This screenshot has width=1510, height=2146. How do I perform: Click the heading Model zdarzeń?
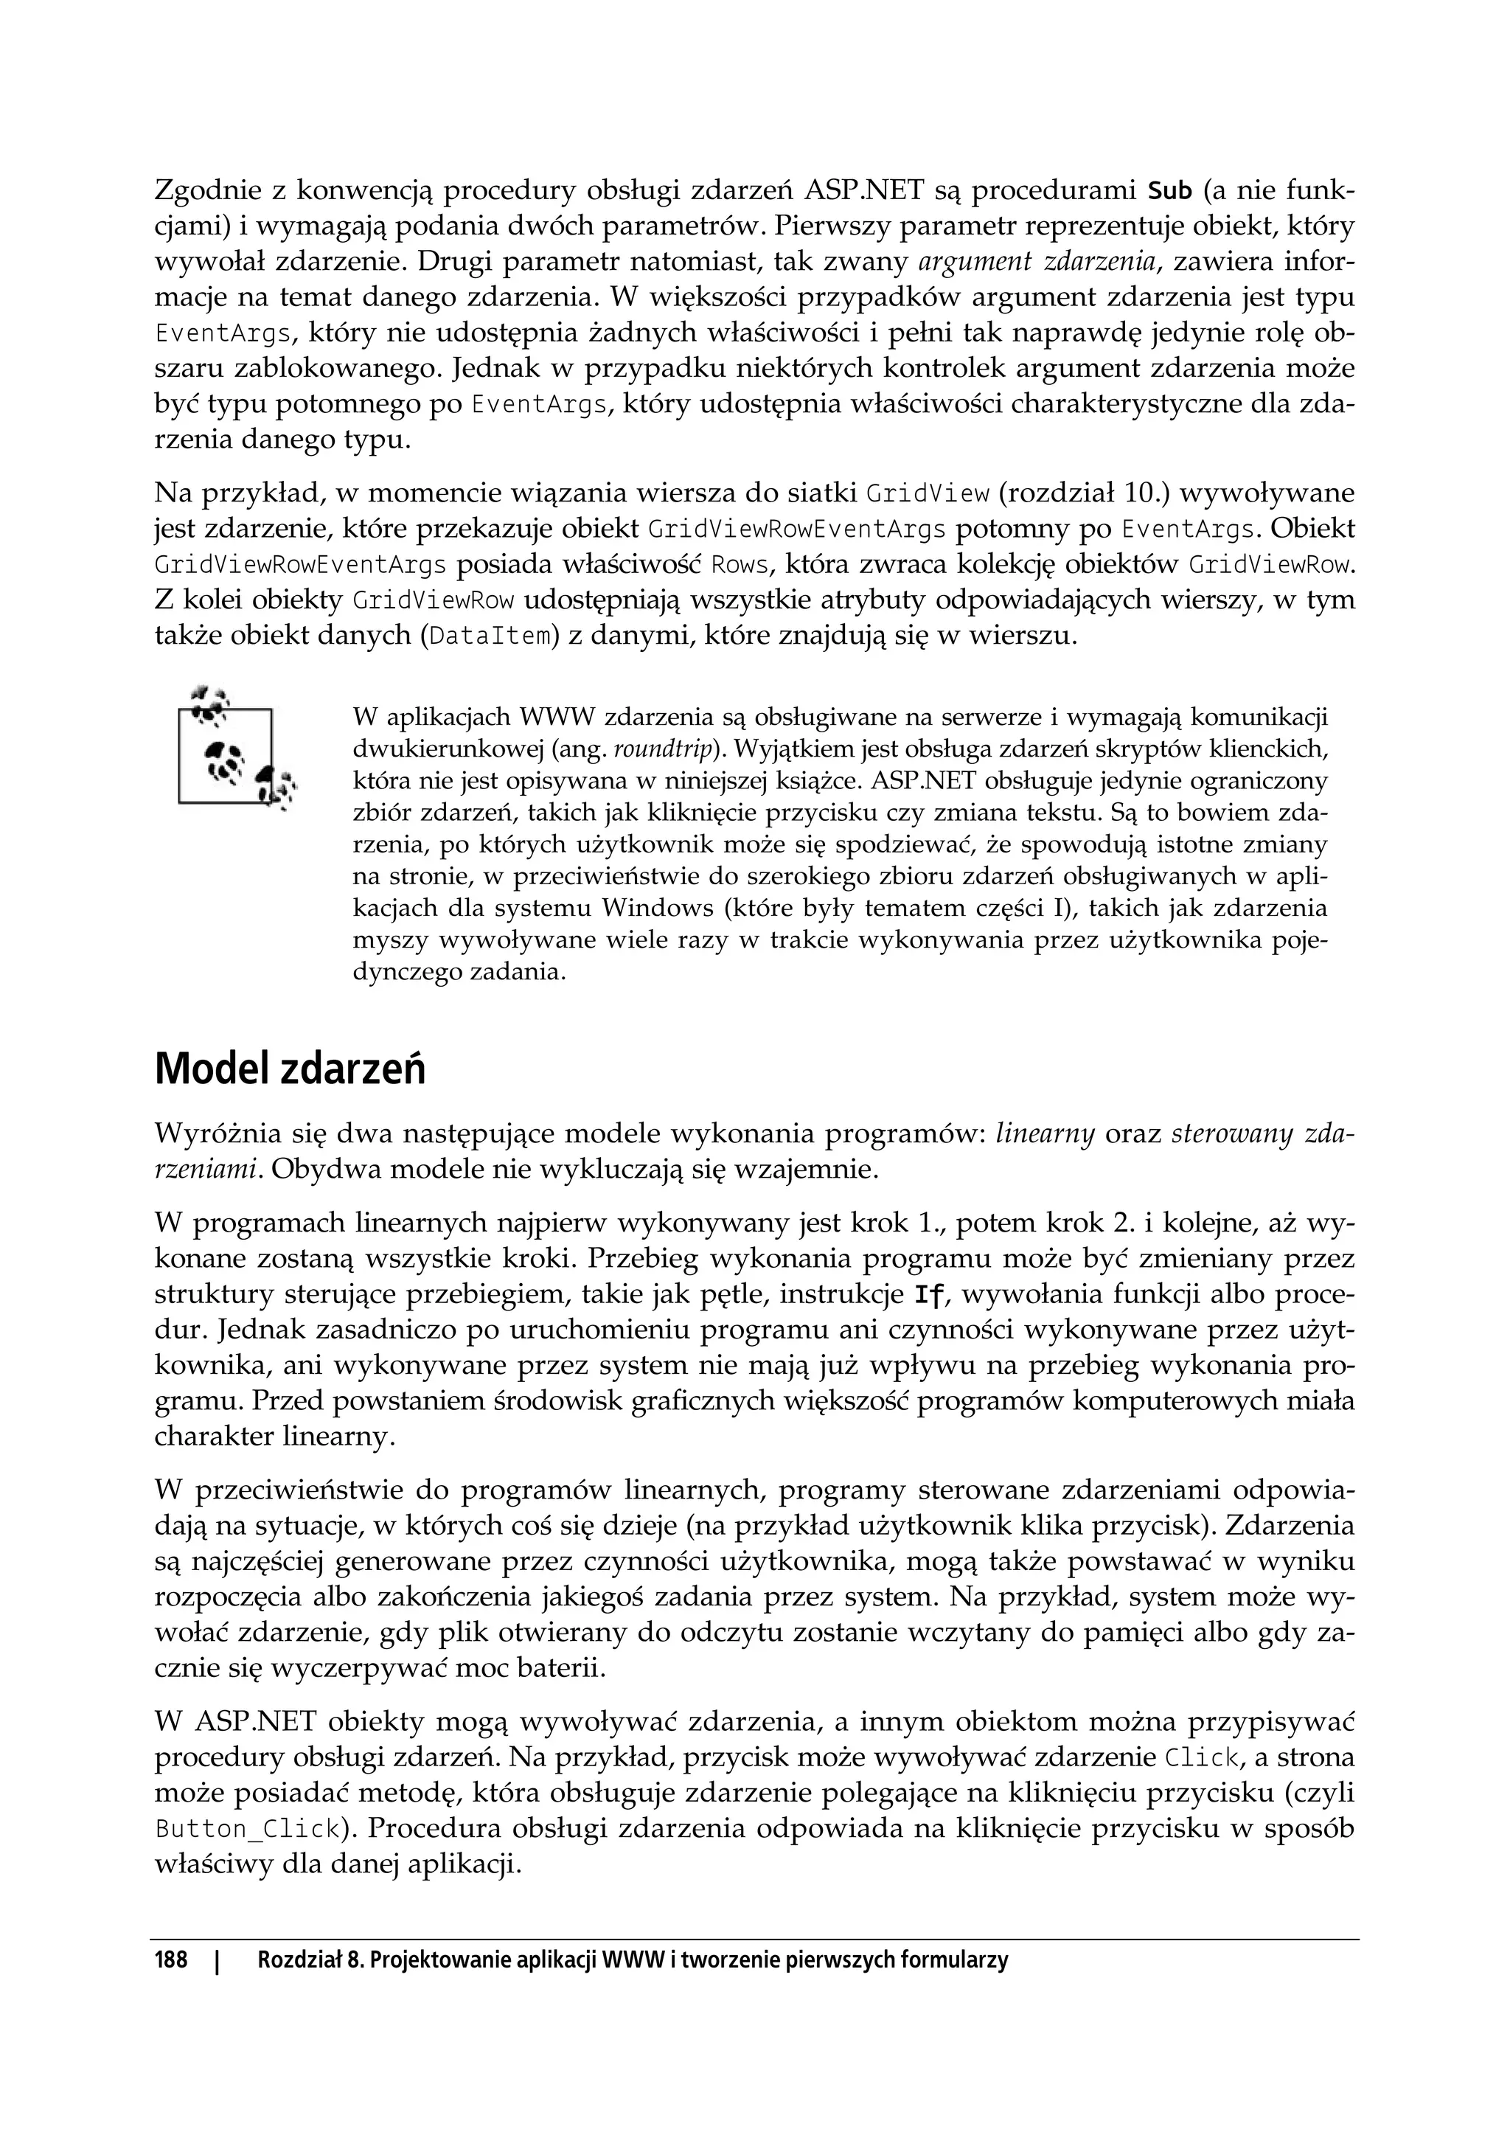tap(290, 1069)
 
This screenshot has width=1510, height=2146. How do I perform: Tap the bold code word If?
tap(928, 1296)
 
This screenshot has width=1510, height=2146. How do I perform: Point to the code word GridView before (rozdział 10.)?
tap(928, 494)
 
